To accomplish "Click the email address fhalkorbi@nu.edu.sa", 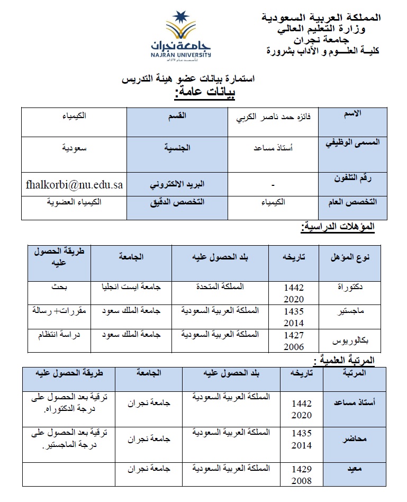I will [x=74, y=185].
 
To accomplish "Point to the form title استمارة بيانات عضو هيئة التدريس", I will [x=188, y=79].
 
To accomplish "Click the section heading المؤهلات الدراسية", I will [x=338, y=227].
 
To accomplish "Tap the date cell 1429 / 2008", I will [x=302, y=475].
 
